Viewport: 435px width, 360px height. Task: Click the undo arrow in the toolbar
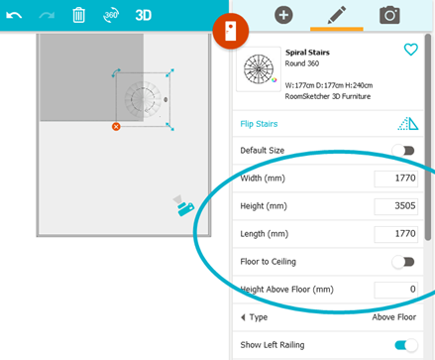(x=14, y=15)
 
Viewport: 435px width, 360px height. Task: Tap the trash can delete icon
(x=78, y=15)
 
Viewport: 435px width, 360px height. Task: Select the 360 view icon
(x=111, y=15)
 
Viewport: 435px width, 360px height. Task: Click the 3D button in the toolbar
(x=144, y=15)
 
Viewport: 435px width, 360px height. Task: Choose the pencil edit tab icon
(x=337, y=15)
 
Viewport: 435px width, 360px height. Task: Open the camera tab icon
(x=389, y=15)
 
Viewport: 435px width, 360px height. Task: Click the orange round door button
(x=231, y=31)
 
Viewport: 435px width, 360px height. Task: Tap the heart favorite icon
(x=411, y=50)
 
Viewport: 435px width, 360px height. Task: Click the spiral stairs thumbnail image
(x=259, y=69)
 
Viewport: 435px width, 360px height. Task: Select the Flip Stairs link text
(x=259, y=124)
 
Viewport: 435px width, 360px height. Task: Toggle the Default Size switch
(x=403, y=151)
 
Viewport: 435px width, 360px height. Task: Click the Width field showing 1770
(x=395, y=179)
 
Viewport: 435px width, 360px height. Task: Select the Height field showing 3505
(x=395, y=206)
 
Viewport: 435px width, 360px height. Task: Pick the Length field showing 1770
(x=395, y=234)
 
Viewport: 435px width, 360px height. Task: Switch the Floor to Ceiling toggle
(x=403, y=262)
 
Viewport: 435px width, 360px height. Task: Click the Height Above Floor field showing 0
(x=395, y=290)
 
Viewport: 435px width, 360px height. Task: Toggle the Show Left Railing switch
(x=406, y=345)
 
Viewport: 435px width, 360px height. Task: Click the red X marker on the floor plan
(x=116, y=127)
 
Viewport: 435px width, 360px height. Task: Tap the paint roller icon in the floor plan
(x=183, y=205)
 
